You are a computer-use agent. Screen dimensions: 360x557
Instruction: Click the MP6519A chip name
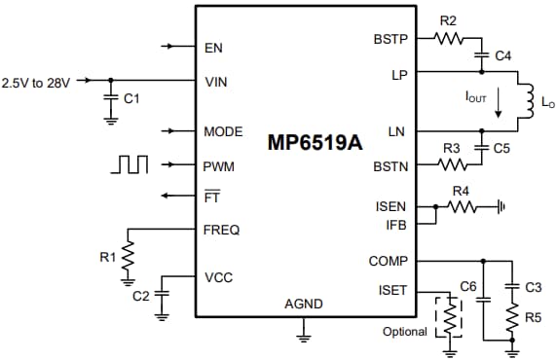click(315, 142)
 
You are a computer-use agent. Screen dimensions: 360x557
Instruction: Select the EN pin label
click(213, 47)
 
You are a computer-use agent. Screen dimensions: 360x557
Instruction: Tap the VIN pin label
click(215, 82)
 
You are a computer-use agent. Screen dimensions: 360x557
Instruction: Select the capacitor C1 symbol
click(109, 97)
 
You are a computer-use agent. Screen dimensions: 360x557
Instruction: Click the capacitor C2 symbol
click(162, 294)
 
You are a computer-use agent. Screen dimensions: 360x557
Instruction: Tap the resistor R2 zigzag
click(449, 39)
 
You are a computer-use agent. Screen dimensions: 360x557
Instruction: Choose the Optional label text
click(404, 332)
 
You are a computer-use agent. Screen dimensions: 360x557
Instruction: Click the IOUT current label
click(475, 97)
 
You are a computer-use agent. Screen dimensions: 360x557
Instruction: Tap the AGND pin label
click(303, 305)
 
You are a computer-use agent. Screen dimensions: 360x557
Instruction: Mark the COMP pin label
click(388, 261)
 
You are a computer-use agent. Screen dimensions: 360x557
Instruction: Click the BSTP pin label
click(390, 40)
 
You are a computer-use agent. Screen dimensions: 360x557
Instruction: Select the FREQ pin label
click(221, 231)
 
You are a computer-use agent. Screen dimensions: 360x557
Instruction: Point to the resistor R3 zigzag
click(450, 165)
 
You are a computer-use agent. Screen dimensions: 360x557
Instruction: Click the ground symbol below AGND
click(303, 336)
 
